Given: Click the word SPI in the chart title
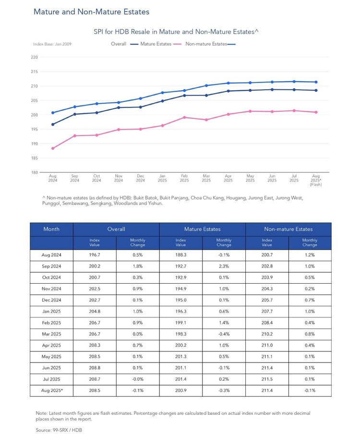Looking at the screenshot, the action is point(98,32).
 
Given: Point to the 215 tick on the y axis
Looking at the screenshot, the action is point(34,72).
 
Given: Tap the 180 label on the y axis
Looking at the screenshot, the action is point(34,172).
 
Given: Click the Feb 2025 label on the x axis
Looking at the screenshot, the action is point(184,178).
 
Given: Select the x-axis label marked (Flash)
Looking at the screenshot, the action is point(316,185).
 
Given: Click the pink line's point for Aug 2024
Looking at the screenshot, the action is point(53,148).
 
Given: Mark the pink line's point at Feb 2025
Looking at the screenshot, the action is point(184,117).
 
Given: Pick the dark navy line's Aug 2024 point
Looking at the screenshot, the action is point(53,124).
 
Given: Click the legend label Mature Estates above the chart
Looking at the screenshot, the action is point(156,44).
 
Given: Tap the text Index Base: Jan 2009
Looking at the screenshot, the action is point(52,44).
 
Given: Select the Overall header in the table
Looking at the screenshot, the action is point(116,229).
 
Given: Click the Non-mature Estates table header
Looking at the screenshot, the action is point(288,229).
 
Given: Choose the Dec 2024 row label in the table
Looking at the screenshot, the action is point(51,300).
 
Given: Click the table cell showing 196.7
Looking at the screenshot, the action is point(95,255).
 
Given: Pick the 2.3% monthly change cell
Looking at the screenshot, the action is point(224,266).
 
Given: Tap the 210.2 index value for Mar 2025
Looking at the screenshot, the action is point(267,334).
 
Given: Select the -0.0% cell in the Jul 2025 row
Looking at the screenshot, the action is point(138,379).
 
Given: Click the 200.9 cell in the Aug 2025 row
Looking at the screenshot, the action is point(180,390).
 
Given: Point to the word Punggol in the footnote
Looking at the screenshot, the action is point(51,204).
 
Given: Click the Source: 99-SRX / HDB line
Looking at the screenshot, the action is point(59,430).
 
